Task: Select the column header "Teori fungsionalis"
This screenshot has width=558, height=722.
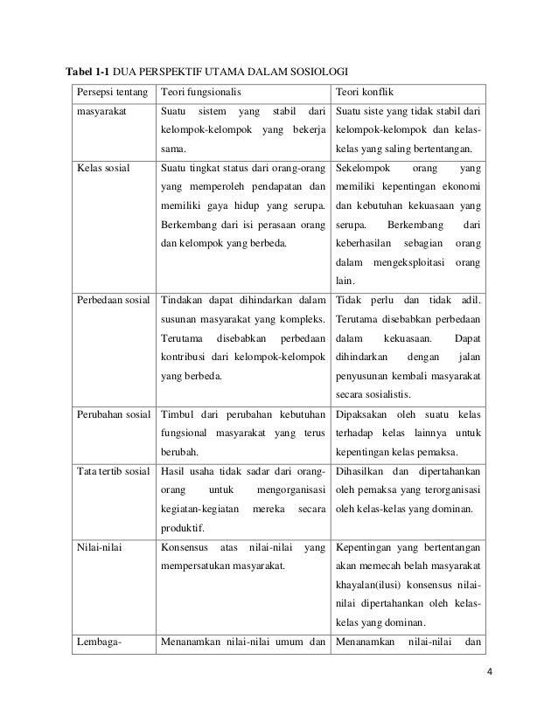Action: tap(199, 90)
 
